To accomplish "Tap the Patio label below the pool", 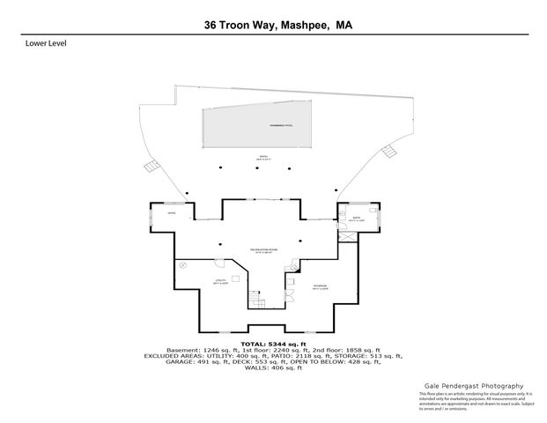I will tap(262, 157).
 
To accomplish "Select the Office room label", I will tap(173, 213).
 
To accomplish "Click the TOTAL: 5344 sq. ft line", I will tap(273, 343).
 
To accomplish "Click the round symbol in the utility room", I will tap(184, 264).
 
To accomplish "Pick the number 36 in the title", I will tap(202, 26).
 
